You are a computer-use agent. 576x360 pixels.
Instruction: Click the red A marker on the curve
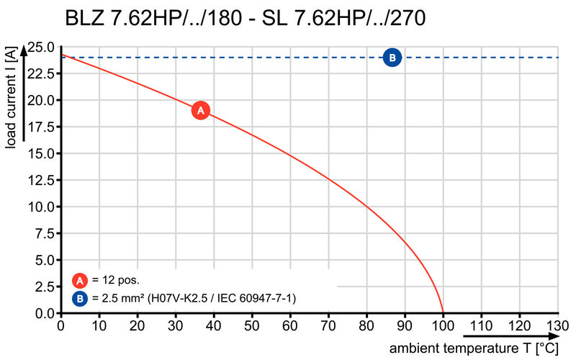(201, 110)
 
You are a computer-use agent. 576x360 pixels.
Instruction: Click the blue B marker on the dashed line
(392, 58)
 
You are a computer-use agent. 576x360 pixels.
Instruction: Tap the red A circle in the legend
(80, 280)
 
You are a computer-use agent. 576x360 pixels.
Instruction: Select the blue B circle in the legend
(80, 297)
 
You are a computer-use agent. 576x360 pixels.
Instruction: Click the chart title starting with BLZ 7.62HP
(245, 17)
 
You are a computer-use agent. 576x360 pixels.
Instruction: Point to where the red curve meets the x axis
(443, 313)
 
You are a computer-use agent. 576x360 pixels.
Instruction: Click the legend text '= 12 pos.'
(115, 280)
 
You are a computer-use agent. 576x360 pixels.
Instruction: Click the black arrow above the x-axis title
(510, 336)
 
